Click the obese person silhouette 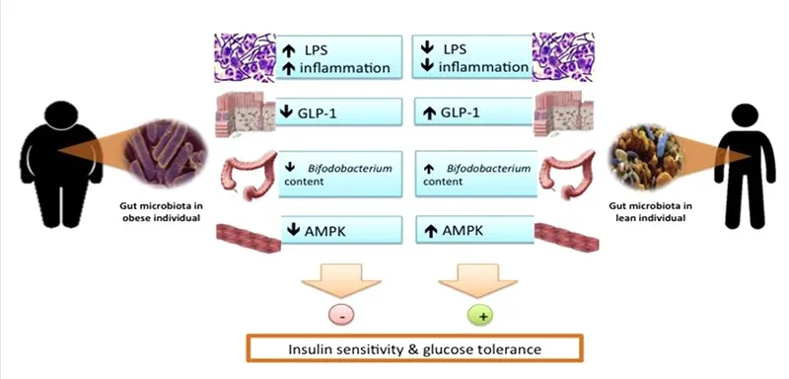click(x=50, y=158)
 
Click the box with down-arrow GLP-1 click(x=340, y=113)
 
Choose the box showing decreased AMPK click(x=340, y=233)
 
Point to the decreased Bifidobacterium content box click(x=340, y=174)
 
